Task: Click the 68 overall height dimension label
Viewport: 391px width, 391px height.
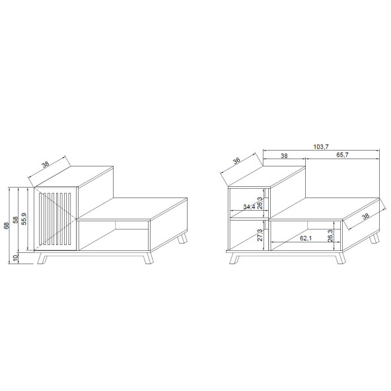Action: (7, 225)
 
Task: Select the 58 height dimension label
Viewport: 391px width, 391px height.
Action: (16, 220)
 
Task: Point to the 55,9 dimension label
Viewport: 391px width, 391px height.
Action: (24, 219)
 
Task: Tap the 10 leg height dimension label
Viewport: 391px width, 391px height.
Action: (16, 258)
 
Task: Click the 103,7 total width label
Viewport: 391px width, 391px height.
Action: (321, 147)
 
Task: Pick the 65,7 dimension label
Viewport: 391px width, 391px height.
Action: (342, 155)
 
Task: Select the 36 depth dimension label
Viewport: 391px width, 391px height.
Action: (236, 160)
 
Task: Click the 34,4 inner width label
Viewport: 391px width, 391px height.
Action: (249, 207)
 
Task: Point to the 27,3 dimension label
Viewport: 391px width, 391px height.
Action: (260, 235)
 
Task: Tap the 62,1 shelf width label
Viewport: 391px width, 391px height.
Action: (306, 238)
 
